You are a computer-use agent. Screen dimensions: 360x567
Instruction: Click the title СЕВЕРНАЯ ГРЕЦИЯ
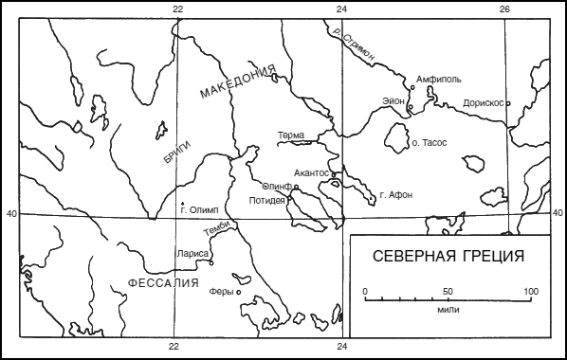point(448,256)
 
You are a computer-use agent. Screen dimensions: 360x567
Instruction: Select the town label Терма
point(291,136)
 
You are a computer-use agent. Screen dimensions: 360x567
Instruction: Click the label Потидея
point(266,201)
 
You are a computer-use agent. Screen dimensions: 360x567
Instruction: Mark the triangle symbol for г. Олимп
point(181,203)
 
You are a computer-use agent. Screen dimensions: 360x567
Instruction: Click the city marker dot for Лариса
point(210,254)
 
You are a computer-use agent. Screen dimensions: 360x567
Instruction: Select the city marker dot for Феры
point(237,292)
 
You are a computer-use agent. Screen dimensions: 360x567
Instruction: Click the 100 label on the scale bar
point(531,290)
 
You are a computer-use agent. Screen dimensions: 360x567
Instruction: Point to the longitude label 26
point(505,9)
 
